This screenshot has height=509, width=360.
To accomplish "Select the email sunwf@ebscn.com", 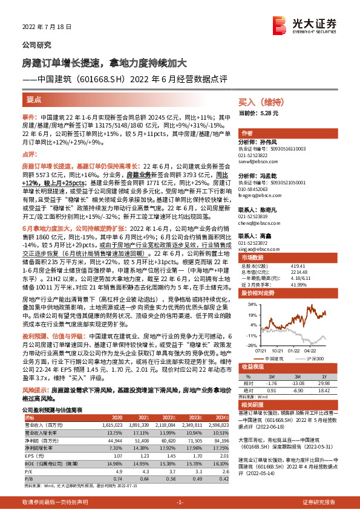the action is coord(254,162).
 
